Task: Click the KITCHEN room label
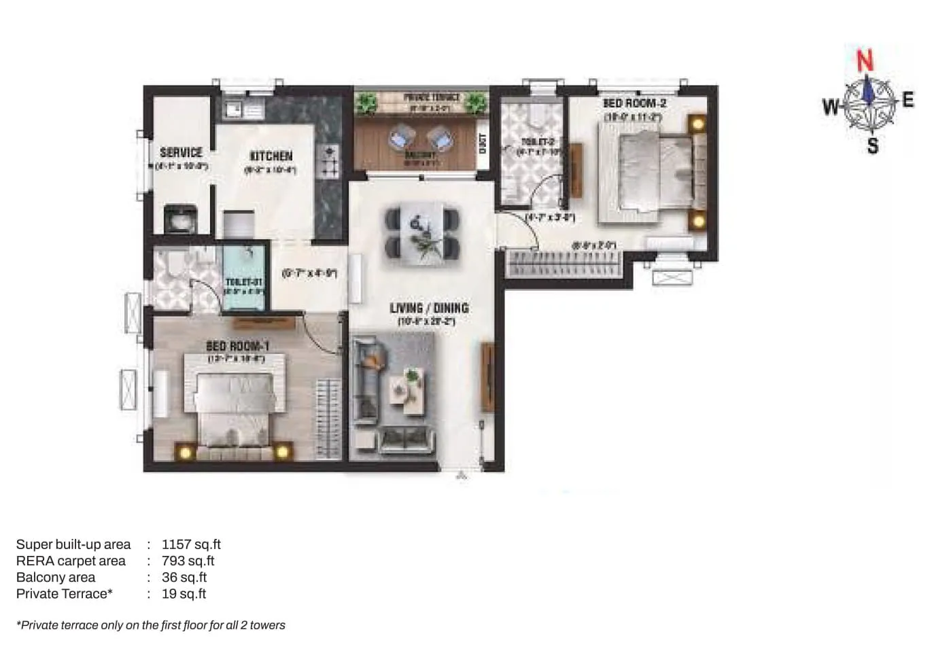coord(271,156)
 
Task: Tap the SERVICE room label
coord(181,152)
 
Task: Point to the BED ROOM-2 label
coord(634,103)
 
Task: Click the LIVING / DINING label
coord(429,308)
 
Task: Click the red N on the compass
coord(864,62)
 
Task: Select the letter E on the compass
coord(907,101)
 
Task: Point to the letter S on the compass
coord(873,145)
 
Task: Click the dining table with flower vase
coord(422,232)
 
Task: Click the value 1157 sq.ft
coord(191,544)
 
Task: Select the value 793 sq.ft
coord(188,561)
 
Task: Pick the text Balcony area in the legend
coord(56,577)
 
